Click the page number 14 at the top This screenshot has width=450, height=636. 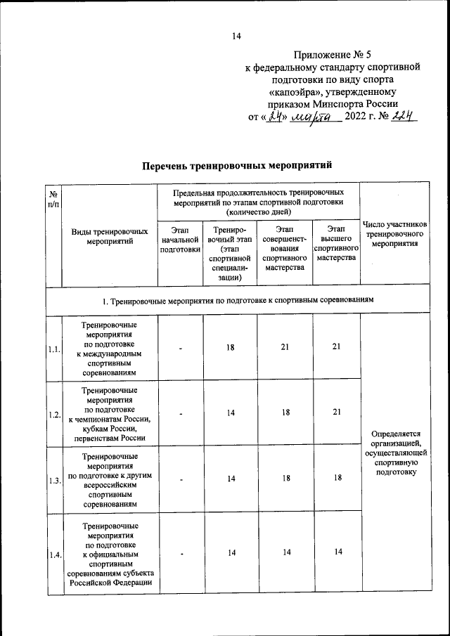click(x=236, y=37)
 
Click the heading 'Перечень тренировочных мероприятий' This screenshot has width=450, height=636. click(x=236, y=166)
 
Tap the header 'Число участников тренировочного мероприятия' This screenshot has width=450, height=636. click(x=394, y=235)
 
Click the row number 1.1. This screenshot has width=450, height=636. click(x=53, y=349)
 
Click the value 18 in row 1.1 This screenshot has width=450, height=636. click(x=230, y=347)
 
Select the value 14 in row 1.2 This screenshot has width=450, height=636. click(x=230, y=413)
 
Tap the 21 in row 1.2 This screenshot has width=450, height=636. click(x=337, y=413)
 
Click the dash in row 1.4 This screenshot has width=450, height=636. click(x=180, y=553)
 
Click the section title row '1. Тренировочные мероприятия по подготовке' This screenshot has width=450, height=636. click(x=237, y=300)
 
